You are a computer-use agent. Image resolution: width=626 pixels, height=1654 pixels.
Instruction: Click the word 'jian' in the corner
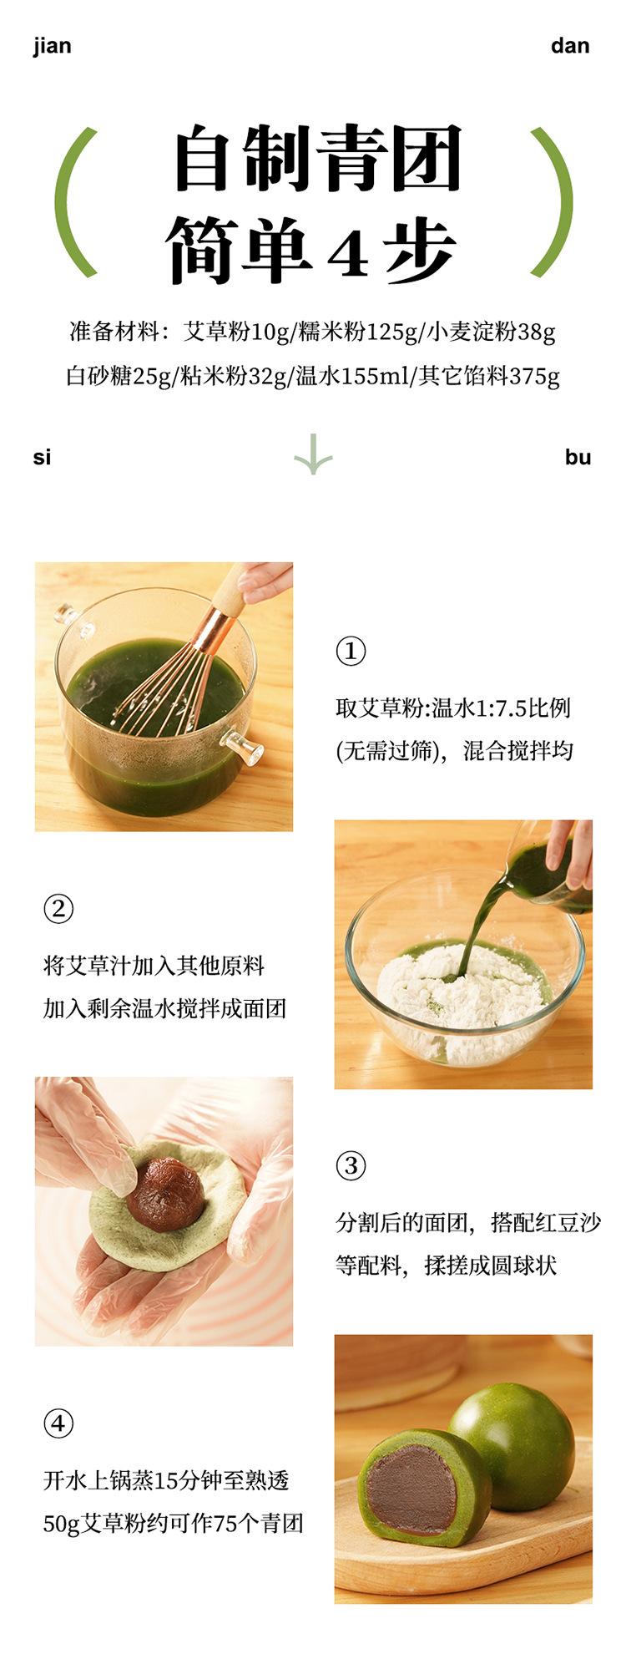pos(52,46)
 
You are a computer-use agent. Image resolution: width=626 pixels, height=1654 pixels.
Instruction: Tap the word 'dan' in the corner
pos(570,46)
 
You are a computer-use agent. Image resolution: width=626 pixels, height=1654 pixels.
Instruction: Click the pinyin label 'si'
pos(43,457)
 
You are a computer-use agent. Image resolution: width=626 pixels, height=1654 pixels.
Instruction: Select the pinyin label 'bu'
pos(578,457)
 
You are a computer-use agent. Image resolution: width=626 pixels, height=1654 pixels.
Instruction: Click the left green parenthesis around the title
pos(73,202)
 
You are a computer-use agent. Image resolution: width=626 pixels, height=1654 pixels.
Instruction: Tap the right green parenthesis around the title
pos(553,202)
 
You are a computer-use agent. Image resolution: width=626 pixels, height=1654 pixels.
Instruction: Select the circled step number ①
pos(351,651)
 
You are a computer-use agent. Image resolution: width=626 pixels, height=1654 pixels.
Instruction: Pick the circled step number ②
pos(58,909)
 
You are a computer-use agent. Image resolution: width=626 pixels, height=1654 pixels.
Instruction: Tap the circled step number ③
pos(351,1165)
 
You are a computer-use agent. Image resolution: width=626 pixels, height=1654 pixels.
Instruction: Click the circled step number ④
pos(58,1423)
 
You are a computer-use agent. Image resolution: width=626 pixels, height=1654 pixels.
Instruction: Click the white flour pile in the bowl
pos(459,998)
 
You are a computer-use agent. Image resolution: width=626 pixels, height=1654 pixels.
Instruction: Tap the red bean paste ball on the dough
pos(166,1193)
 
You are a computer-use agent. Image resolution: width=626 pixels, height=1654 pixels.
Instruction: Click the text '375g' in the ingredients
pos(534,377)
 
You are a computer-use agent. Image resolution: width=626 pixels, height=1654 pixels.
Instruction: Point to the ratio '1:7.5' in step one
pos(502,708)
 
